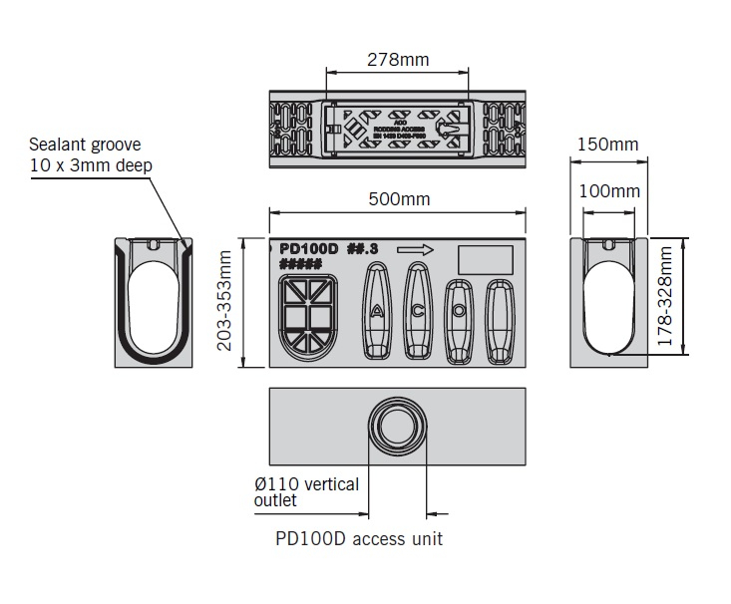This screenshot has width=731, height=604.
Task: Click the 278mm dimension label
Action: [398, 60]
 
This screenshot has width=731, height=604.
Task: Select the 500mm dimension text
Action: [399, 198]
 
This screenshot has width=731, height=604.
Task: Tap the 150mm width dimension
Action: [607, 146]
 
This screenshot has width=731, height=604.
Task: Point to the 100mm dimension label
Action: [607, 190]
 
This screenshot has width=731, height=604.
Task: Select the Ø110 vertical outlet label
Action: [306, 492]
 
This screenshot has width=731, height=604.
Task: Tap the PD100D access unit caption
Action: [359, 539]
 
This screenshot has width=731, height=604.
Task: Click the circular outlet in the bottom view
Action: [397, 430]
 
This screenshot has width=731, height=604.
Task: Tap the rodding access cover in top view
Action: [397, 126]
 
